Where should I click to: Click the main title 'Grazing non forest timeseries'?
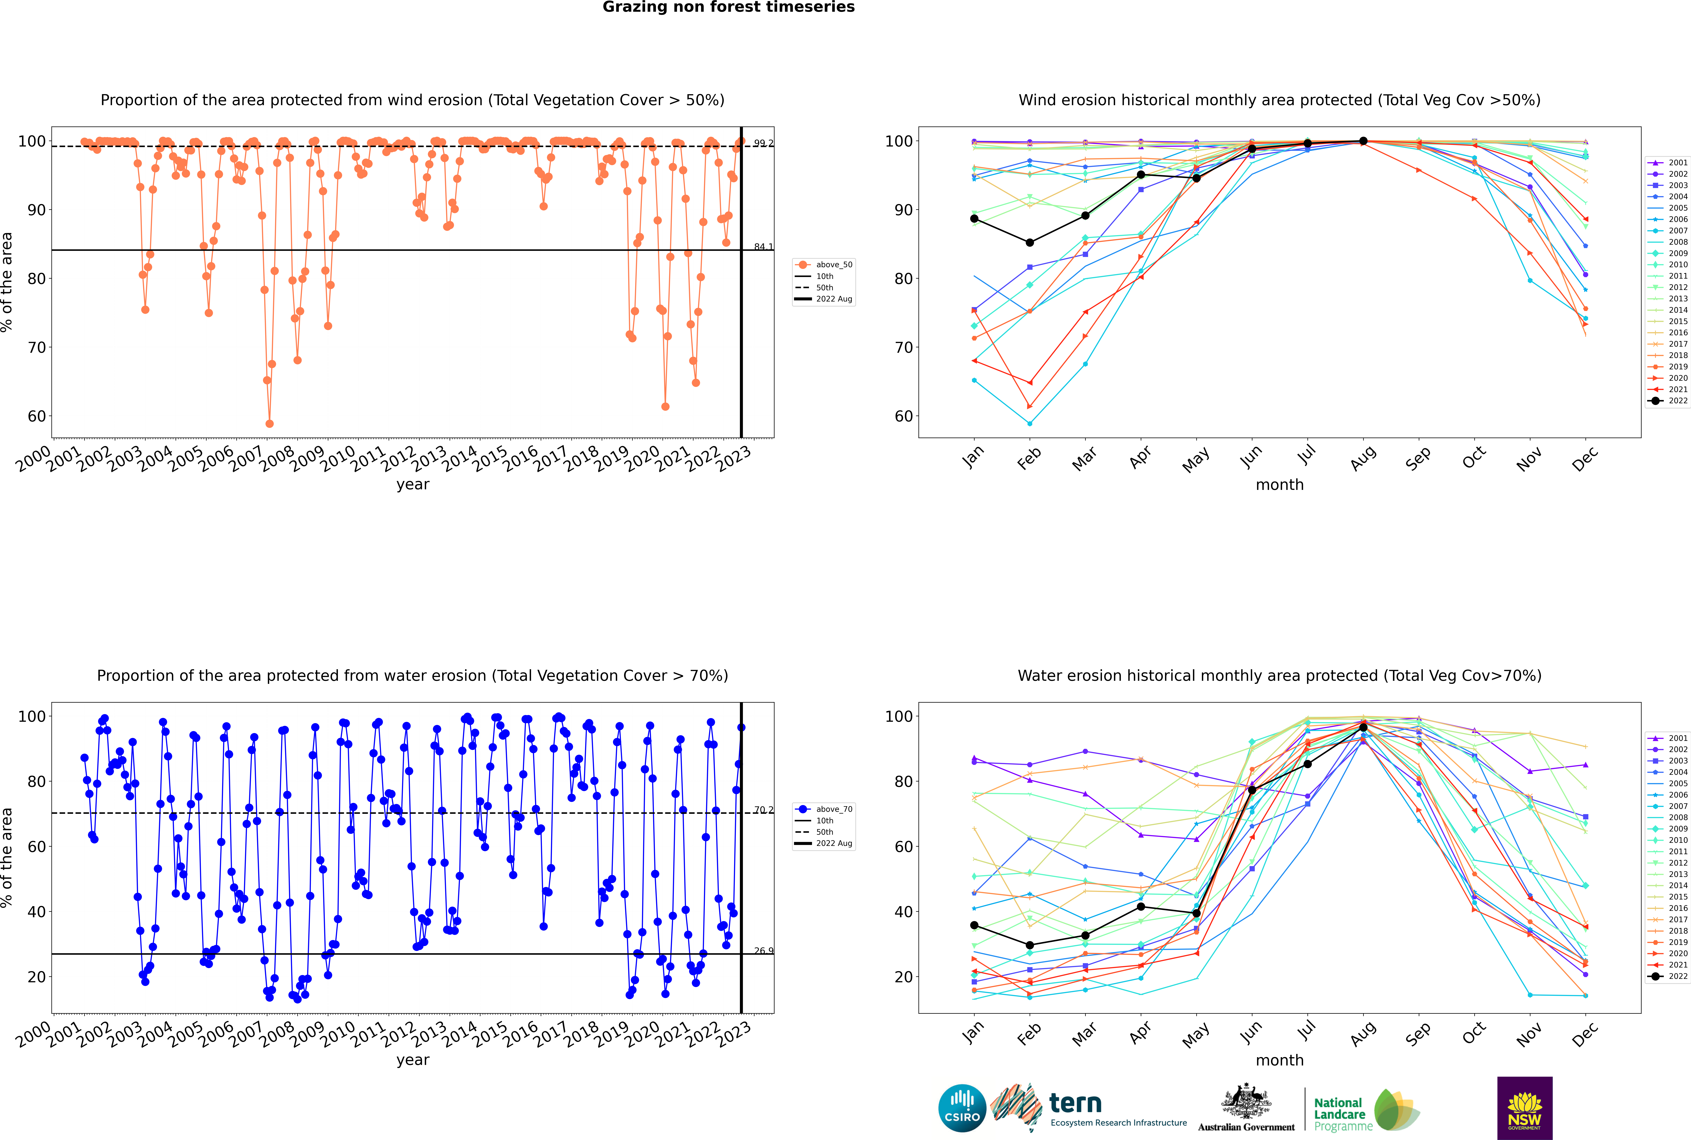pos(729,7)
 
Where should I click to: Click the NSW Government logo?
pos(1524,1108)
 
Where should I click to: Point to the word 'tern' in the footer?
pos(1075,1104)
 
